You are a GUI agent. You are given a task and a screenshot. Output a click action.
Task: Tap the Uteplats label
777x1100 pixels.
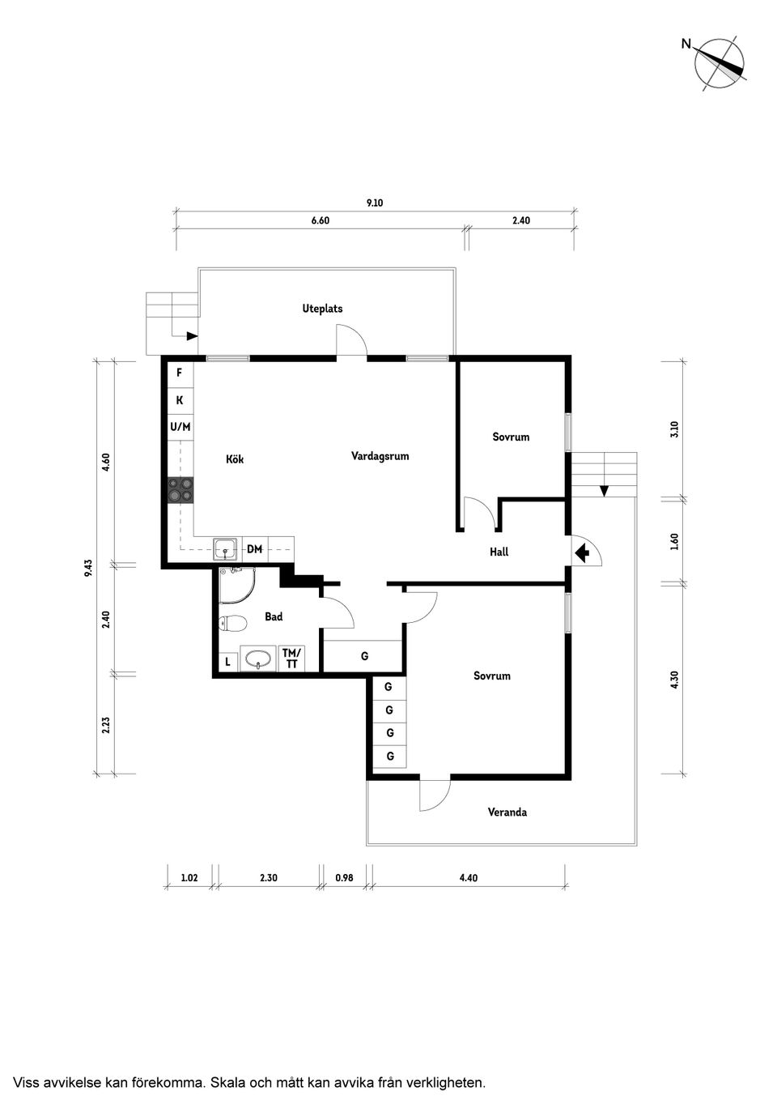[x=322, y=309]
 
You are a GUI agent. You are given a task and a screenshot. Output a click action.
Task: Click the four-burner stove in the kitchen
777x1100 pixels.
[x=180, y=490]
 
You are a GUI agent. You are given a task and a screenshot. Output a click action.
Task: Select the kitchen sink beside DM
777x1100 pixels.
[x=226, y=549]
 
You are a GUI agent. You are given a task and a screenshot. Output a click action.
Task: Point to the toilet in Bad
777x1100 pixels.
[x=233, y=623]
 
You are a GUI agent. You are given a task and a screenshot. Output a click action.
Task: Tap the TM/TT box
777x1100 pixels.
[x=291, y=659]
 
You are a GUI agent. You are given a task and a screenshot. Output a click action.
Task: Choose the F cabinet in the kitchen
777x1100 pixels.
[x=180, y=373]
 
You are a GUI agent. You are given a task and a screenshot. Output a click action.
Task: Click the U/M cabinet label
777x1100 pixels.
[x=180, y=426]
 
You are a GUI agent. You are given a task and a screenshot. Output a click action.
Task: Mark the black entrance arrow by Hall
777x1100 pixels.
[x=581, y=553]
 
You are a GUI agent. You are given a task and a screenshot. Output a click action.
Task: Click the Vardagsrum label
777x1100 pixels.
[x=380, y=456]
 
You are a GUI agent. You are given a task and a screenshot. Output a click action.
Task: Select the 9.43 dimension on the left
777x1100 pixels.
[x=88, y=567]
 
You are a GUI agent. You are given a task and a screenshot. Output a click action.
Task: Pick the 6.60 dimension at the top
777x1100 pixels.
[x=321, y=220]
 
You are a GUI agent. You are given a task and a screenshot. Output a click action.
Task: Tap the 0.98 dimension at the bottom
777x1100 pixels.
[x=344, y=877]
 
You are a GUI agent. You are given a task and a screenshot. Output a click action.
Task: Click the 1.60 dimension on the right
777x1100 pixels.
[x=674, y=540]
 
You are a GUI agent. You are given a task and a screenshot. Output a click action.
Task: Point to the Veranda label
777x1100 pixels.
[x=507, y=812]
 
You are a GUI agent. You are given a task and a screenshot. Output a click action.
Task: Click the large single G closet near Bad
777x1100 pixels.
[x=363, y=656]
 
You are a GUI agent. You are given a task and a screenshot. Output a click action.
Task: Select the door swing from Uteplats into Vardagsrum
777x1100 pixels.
[x=352, y=341]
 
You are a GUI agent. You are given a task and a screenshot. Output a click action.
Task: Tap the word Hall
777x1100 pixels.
[x=499, y=552]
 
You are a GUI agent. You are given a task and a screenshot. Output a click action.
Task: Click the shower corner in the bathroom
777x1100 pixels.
[x=234, y=585]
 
